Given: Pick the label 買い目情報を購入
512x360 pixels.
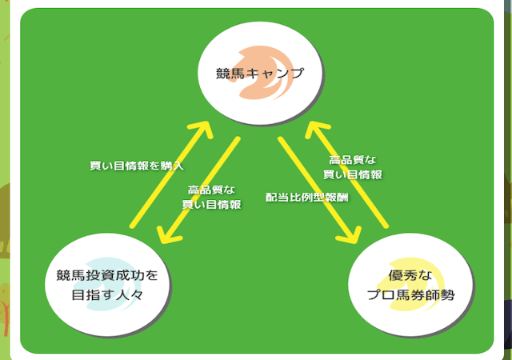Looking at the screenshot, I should pyautogui.click(x=137, y=166).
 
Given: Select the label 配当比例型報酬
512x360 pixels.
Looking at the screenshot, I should pyautogui.click(x=307, y=197).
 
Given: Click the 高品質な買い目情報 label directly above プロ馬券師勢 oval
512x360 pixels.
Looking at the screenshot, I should pyautogui.click(x=352, y=166).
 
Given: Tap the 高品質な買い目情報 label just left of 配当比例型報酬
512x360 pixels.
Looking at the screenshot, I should pyautogui.click(x=211, y=197).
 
